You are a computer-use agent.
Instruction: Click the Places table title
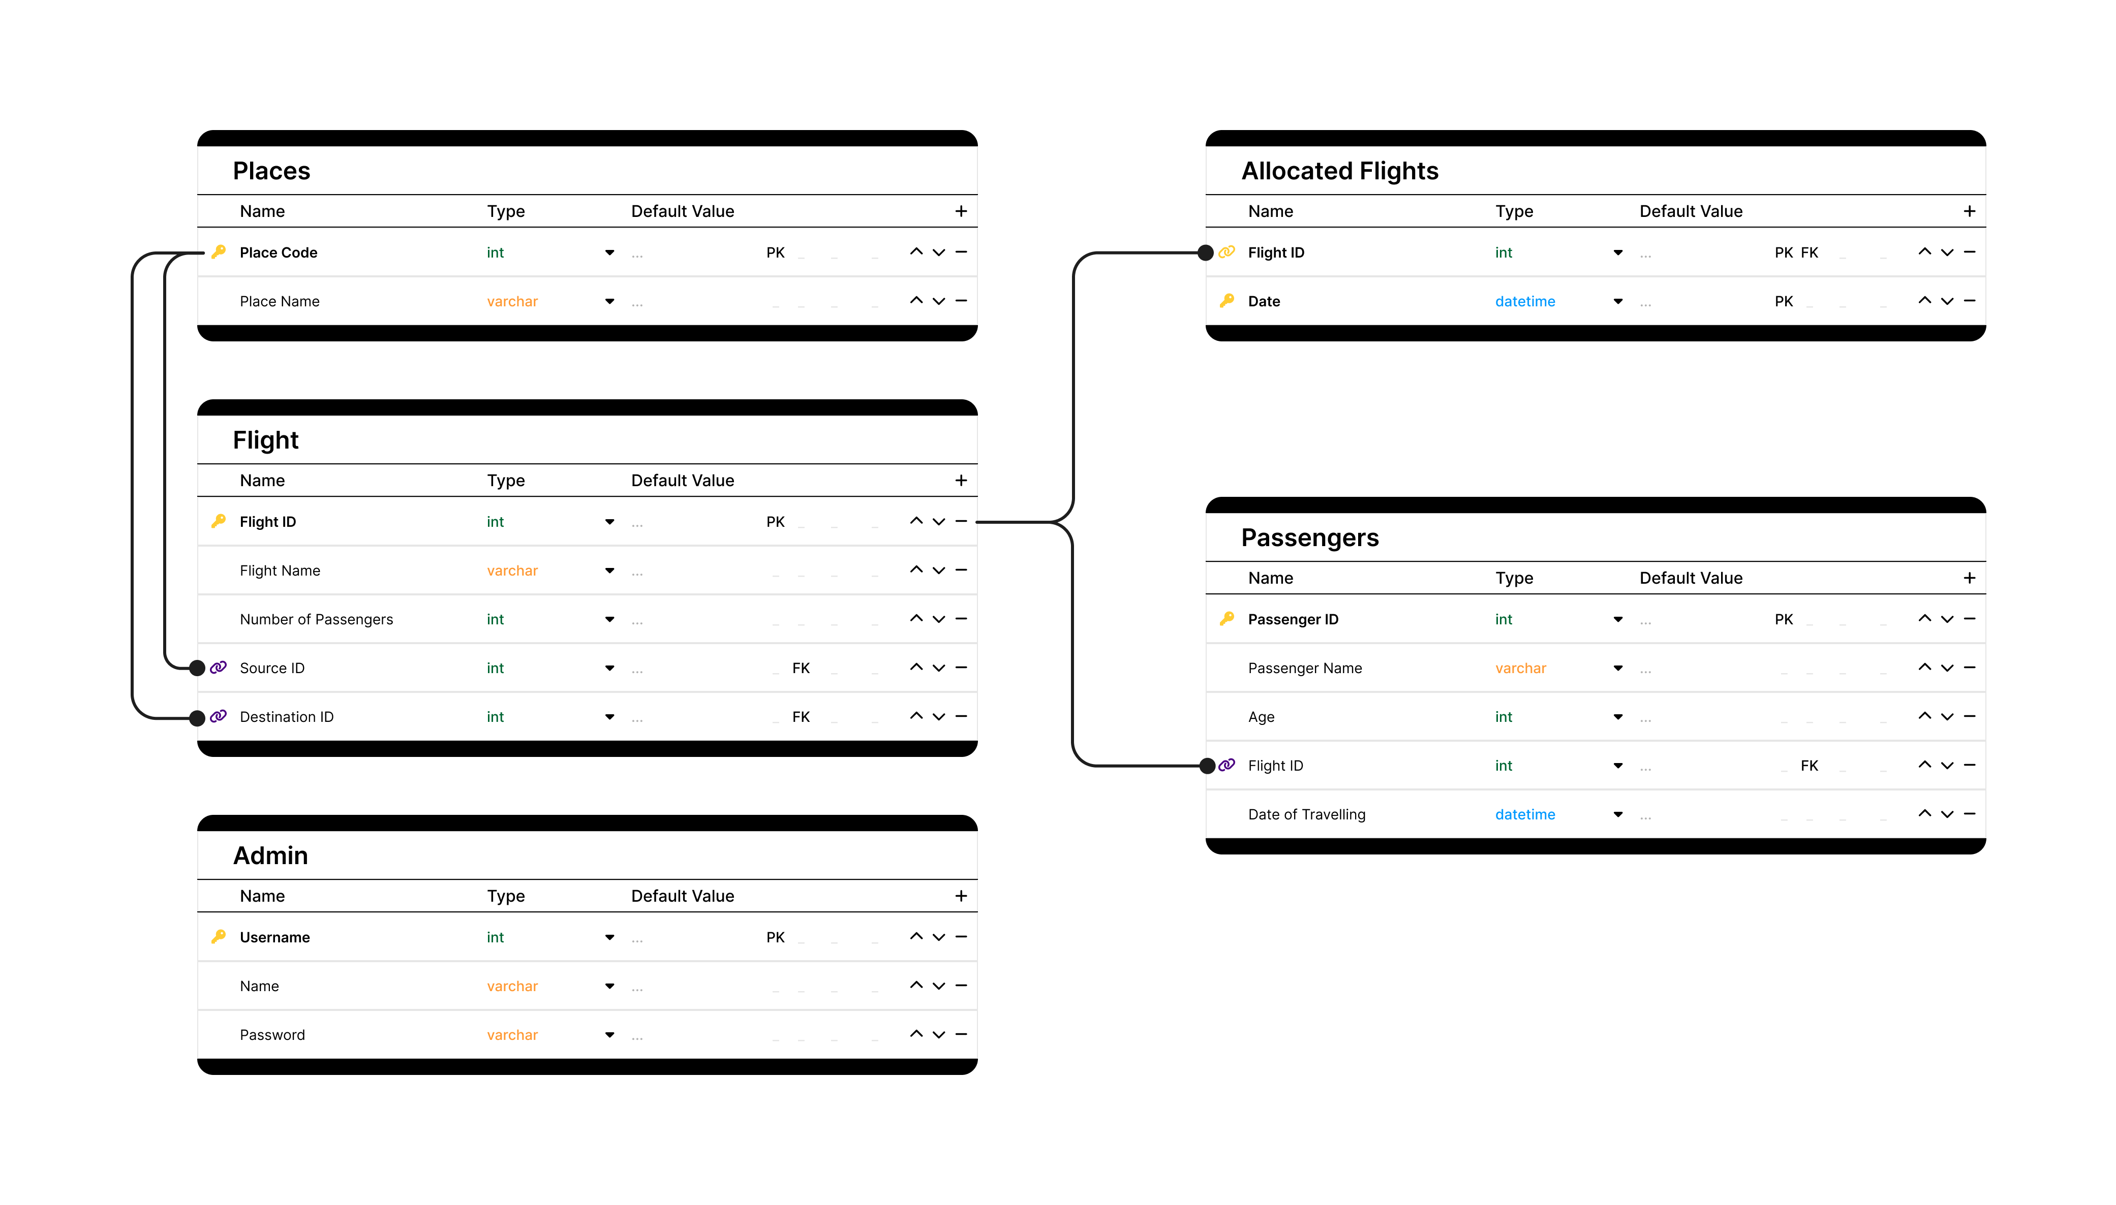point(271,171)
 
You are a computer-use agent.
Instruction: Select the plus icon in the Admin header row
point(960,896)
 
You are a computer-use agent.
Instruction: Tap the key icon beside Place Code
point(219,251)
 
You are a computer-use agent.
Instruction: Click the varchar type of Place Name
point(512,301)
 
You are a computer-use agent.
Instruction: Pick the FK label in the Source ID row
point(801,668)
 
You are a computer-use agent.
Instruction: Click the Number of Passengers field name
point(316,619)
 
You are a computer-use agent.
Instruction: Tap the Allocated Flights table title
point(1339,171)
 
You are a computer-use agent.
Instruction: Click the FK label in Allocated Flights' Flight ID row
point(1809,252)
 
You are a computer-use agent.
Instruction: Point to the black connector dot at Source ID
point(197,668)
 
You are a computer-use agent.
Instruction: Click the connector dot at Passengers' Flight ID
point(1207,766)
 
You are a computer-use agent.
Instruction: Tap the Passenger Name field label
point(1305,668)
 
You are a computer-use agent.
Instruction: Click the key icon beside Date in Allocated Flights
point(1227,300)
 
